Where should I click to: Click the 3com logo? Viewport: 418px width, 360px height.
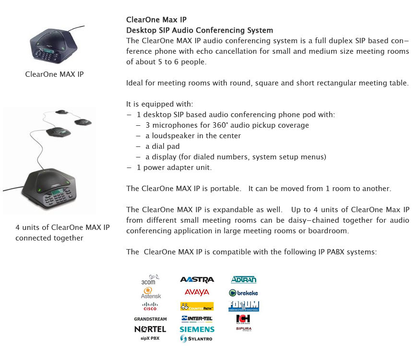[149, 280]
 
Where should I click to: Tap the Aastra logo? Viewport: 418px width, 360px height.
[197, 279]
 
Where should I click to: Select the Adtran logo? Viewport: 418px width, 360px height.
[243, 279]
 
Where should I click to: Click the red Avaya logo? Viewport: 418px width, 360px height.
[197, 292]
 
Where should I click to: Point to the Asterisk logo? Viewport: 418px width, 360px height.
[151, 293]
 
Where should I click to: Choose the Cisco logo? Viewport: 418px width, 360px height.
[150, 306]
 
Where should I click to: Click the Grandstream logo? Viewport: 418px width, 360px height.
[150, 319]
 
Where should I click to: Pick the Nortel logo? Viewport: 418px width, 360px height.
[150, 329]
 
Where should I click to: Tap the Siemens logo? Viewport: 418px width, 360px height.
[197, 329]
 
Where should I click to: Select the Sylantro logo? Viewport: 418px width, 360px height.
[197, 339]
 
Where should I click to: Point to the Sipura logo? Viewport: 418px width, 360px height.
[243, 329]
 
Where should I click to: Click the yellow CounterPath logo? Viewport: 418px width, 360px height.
[197, 306]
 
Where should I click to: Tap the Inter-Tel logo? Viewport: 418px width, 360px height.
[197, 318]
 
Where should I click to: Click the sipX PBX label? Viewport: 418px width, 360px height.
[150, 338]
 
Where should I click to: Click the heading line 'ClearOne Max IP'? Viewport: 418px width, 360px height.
[156, 20]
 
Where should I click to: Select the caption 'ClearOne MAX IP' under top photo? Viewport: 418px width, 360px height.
[54, 74]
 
